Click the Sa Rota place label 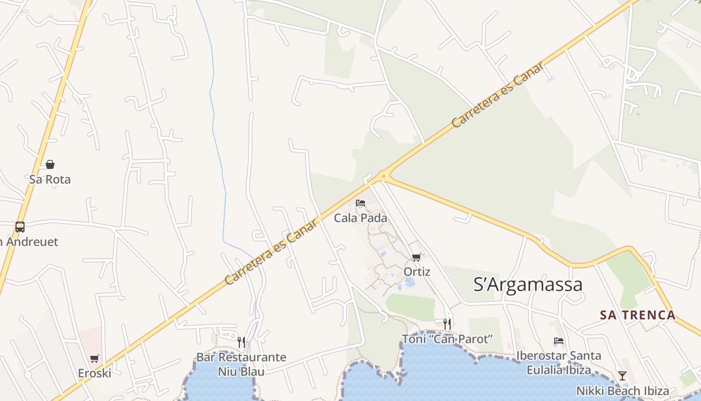pyautogui.click(x=50, y=179)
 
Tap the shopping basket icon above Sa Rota pyautogui.click(x=50, y=164)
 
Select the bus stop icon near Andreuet pyautogui.click(x=20, y=227)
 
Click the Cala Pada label pyautogui.click(x=361, y=218)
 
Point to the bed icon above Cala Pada pyautogui.click(x=361, y=203)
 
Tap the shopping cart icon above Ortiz pyautogui.click(x=416, y=258)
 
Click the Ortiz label pyautogui.click(x=417, y=272)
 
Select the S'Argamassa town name pyautogui.click(x=528, y=284)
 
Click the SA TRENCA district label pyautogui.click(x=638, y=315)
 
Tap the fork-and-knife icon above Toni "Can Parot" pyautogui.click(x=447, y=324)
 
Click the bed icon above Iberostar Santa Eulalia pyautogui.click(x=559, y=341)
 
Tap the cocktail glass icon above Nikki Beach pyautogui.click(x=622, y=375)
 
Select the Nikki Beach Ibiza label pyautogui.click(x=622, y=391)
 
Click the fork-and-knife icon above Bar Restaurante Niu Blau pyautogui.click(x=241, y=342)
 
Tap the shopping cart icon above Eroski pyautogui.click(x=95, y=358)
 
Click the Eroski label pyautogui.click(x=95, y=373)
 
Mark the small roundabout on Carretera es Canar pyautogui.click(x=384, y=175)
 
